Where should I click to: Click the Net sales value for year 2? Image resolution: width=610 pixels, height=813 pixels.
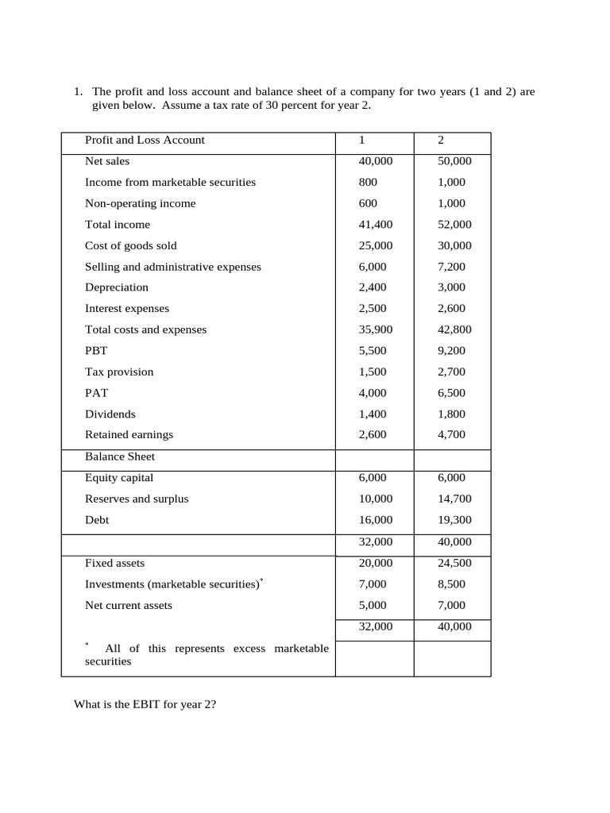[x=454, y=161]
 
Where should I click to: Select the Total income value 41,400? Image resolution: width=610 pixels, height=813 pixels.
[x=375, y=225]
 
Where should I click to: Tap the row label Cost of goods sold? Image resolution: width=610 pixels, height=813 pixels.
[x=131, y=246]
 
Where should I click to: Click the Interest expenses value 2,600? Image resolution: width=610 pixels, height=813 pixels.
[x=451, y=309]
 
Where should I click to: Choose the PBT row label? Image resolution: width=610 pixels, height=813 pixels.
[x=96, y=351]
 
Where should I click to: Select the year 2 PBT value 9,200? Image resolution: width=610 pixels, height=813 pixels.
[x=451, y=351]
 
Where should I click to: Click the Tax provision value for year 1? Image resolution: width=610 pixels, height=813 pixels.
[x=372, y=372]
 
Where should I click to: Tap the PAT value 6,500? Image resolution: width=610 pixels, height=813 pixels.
[x=451, y=393]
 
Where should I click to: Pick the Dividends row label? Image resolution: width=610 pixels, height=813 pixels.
[x=110, y=414]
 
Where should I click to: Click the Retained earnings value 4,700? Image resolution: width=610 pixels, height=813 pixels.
[x=451, y=435]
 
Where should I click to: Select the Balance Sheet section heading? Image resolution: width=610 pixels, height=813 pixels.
[x=120, y=457]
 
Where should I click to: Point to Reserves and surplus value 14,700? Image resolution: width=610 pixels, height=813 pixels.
[x=454, y=499]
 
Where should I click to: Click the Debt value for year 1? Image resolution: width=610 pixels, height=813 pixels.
[x=375, y=520]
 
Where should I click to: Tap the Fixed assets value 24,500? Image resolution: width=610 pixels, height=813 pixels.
[x=454, y=563]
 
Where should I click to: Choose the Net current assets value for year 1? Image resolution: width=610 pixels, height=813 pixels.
[x=372, y=606]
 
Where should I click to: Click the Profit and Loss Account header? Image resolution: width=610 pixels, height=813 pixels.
[x=145, y=141]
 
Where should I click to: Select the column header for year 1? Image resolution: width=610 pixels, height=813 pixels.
[x=361, y=141]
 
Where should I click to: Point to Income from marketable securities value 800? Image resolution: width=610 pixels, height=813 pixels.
[x=366, y=183]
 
